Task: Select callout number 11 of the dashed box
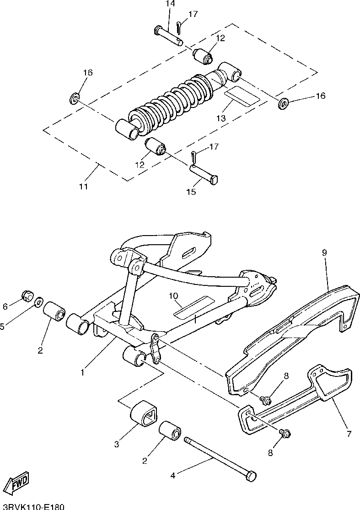coord(84,187)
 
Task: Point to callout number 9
coord(324,252)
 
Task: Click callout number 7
coord(349,433)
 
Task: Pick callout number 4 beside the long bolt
coord(172,476)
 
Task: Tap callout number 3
coord(117,443)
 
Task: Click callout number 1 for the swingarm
coord(83,373)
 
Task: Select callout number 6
coord(5,306)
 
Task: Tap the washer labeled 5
coord(39,302)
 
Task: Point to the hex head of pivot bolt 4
coord(251,476)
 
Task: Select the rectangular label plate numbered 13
coord(242,96)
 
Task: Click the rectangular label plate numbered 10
coord(194,306)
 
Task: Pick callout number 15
coord(191,192)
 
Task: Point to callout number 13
coord(221,118)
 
